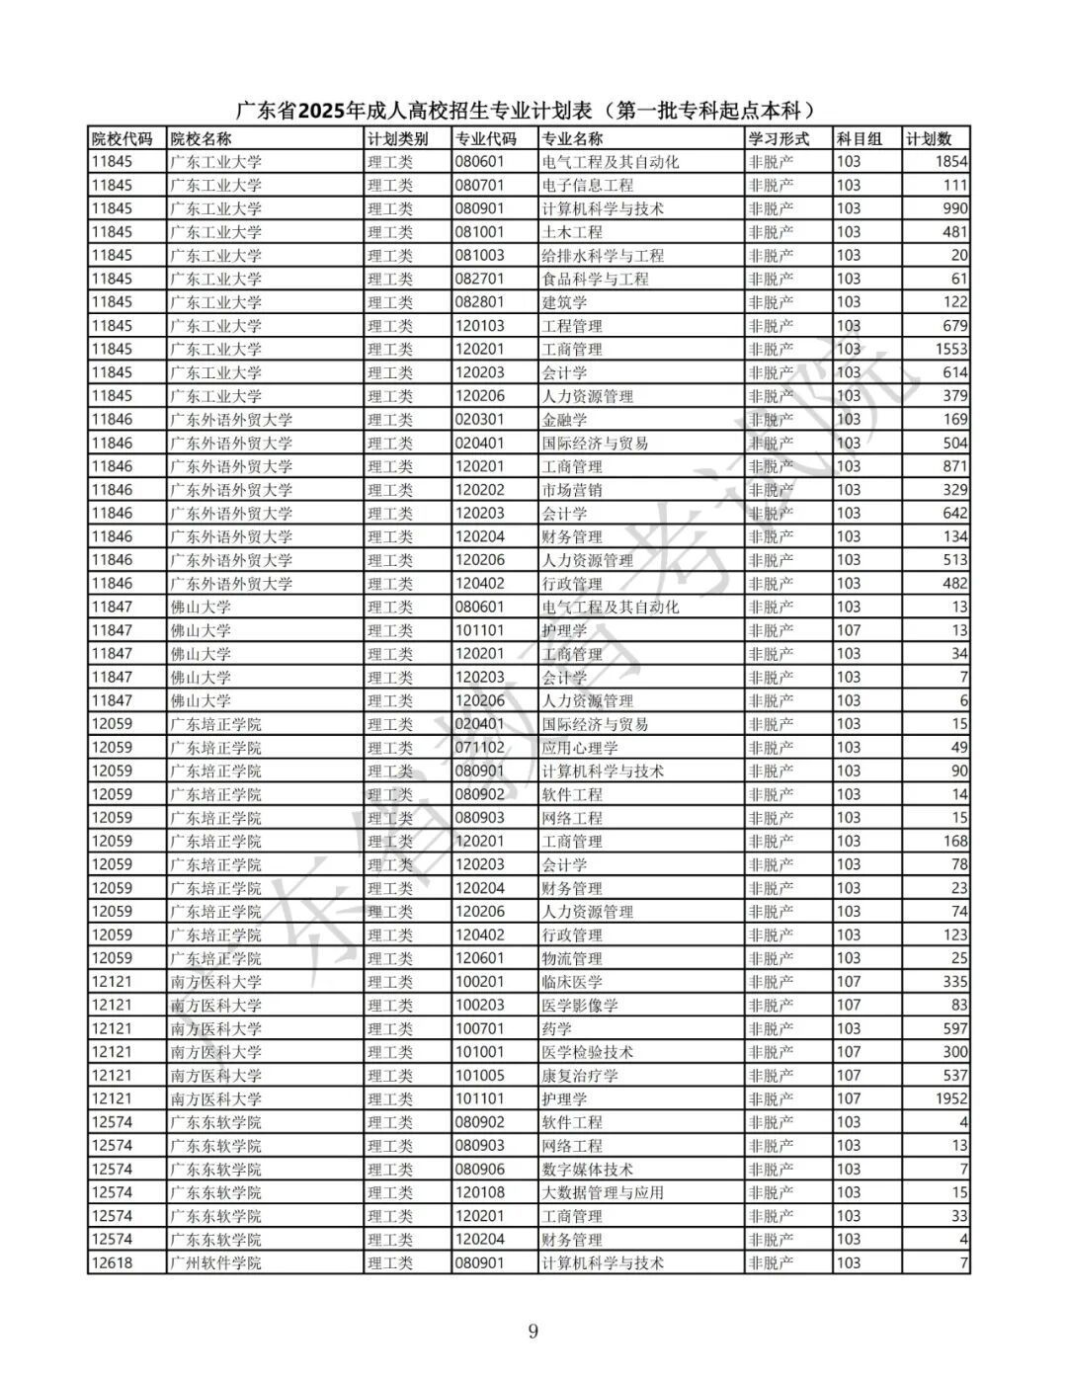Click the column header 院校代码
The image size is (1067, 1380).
pyautogui.click(x=122, y=138)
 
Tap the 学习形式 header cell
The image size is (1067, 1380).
pyautogui.click(x=779, y=138)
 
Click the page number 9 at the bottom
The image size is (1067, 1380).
pyautogui.click(x=533, y=1332)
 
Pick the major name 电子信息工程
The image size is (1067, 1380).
pyautogui.click(x=588, y=186)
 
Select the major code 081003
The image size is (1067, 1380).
pyautogui.click(x=479, y=256)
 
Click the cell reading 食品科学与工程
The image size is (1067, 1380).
pyautogui.click(x=595, y=280)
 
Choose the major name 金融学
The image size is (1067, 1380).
pyautogui.click(x=564, y=420)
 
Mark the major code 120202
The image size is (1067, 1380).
pyautogui.click(x=479, y=490)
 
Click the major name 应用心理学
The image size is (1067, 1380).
pyautogui.click(x=580, y=748)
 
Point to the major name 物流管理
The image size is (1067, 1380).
pyautogui.click(x=572, y=958)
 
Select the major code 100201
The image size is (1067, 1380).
pyautogui.click(x=479, y=982)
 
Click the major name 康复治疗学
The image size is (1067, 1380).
pyautogui.click(x=580, y=1076)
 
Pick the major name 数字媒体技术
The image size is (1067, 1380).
pyautogui.click(x=588, y=1170)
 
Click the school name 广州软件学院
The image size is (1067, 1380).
pyautogui.click(x=215, y=1263)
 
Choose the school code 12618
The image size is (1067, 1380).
pyautogui.click(x=112, y=1263)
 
